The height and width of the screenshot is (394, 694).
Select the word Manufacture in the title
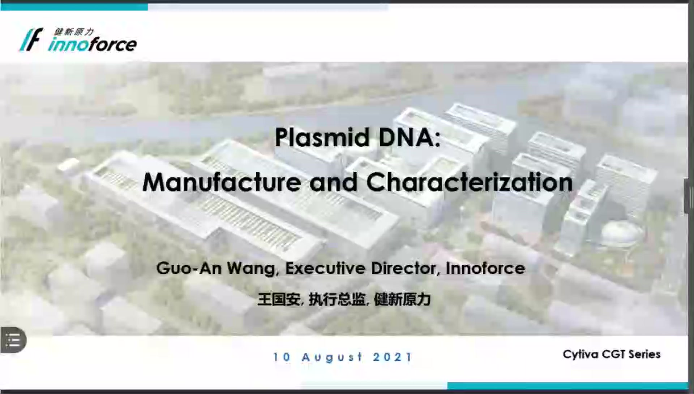pos(222,182)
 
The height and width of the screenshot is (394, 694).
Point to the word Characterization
pos(470,182)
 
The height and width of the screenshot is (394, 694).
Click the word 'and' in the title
pos(334,182)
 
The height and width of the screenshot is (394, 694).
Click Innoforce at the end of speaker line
pos(485,268)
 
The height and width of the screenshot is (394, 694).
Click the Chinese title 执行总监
pos(337,299)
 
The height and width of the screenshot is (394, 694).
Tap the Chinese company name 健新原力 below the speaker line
pos(402,299)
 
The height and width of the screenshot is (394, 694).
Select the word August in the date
pos(332,358)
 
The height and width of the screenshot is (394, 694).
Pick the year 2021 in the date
pos(392,357)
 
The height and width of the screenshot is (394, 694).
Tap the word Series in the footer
pos(644,354)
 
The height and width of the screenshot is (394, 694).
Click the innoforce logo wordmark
pos(92,44)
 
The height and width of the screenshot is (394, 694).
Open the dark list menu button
pos(13,340)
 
